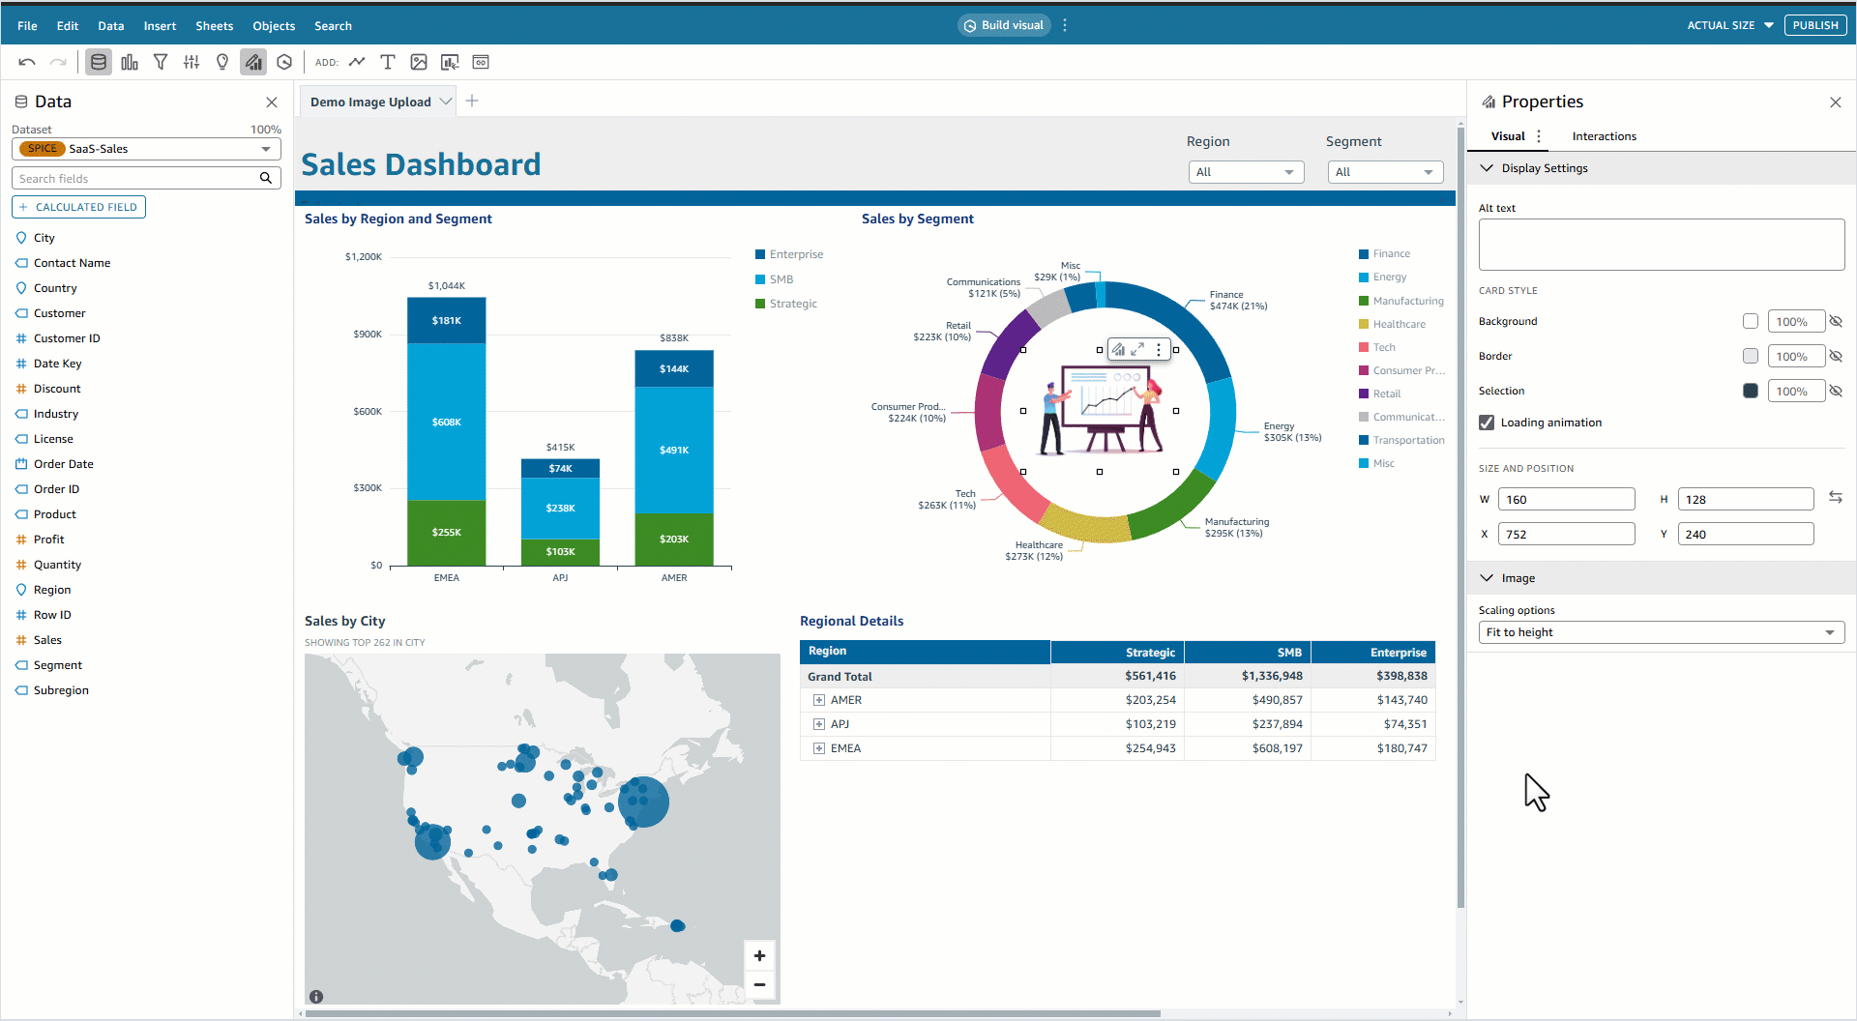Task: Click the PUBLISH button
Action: tap(1814, 25)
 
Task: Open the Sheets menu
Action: tap(214, 26)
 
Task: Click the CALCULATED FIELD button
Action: tap(79, 207)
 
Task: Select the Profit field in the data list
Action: tap(48, 540)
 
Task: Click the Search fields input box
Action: tap(135, 179)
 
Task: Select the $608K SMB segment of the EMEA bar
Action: tap(446, 422)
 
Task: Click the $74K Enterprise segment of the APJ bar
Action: tap(560, 468)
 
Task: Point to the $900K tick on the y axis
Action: tap(368, 335)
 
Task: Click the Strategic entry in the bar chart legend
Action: tap(792, 304)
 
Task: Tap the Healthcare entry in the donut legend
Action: tap(1399, 324)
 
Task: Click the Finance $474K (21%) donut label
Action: tap(1237, 301)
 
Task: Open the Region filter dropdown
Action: tap(1246, 172)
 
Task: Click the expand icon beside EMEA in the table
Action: tap(819, 748)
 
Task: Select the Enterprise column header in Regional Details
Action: tap(1398, 653)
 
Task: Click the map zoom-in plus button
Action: tap(759, 956)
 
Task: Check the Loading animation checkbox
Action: tap(1487, 423)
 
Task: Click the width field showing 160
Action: tap(1566, 500)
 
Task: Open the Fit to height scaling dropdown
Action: tap(1661, 632)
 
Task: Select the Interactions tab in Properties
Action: tap(1604, 136)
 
